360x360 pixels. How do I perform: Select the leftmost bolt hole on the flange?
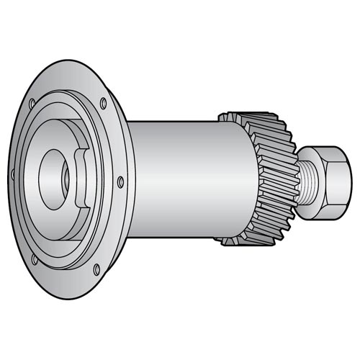click(15, 173)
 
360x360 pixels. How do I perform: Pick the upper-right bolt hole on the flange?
click(104, 102)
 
